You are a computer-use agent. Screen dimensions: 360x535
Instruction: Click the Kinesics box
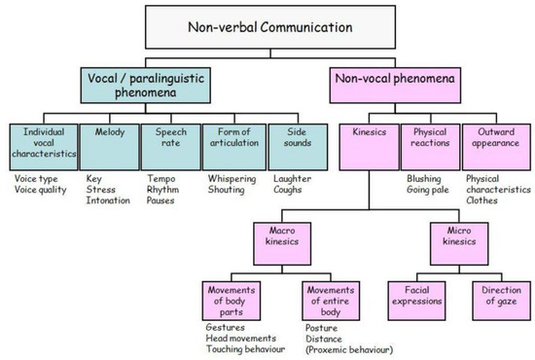coord(370,147)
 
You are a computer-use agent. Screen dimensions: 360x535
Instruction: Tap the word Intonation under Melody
coord(109,200)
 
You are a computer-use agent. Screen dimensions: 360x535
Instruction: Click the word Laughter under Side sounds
coord(293,178)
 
